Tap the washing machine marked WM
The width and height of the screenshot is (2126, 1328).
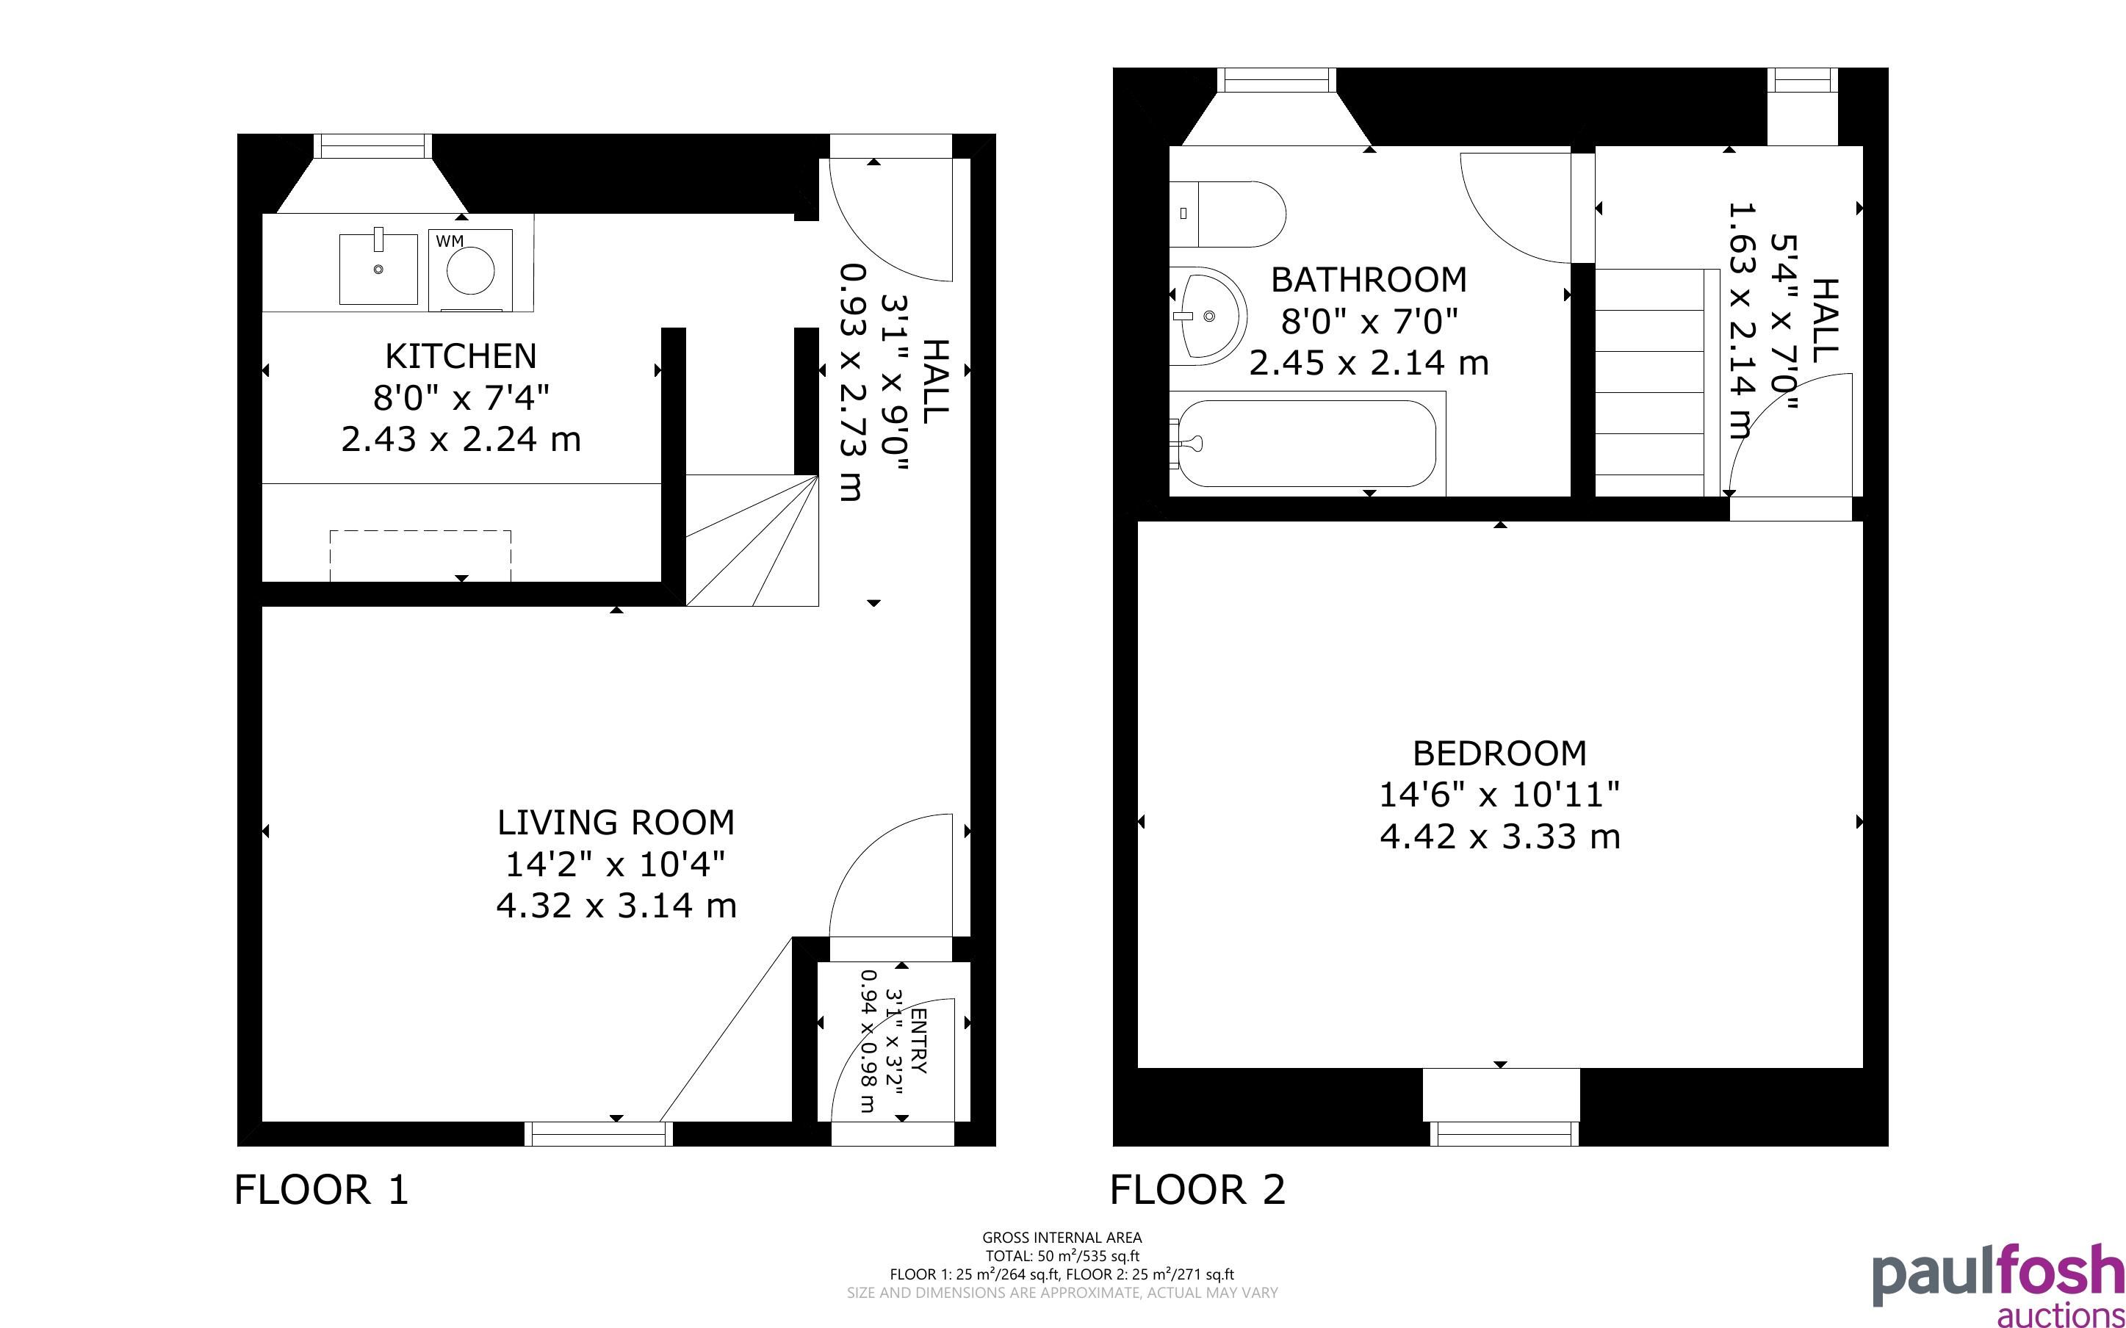click(471, 270)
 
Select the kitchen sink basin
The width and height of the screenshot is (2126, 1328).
click(378, 267)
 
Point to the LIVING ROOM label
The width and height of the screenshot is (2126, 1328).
click(616, 823)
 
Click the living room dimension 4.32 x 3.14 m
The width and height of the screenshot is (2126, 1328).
click(616, 906)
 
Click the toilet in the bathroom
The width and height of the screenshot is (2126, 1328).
click(1228, 214)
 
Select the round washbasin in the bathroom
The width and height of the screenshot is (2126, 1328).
click(1208, 316)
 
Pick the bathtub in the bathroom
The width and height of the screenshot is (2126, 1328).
click(1307, 444)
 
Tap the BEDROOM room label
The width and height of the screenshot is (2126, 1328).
click(1500, 754)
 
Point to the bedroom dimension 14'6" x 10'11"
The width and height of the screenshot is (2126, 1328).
click(1500, 795)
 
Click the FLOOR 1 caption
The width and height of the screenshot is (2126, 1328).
click(322, 1190)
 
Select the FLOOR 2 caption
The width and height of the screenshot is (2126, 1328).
click(1197, 1190)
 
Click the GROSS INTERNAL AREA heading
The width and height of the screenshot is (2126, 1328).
click(1062, 1238)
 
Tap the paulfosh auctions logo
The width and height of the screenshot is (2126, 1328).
click(1999, 1284)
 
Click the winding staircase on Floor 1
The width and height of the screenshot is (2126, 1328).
click(752, 540)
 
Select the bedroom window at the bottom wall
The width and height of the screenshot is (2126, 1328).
click(1505, 1134)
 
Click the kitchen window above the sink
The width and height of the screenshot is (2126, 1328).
click(373, 145)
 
